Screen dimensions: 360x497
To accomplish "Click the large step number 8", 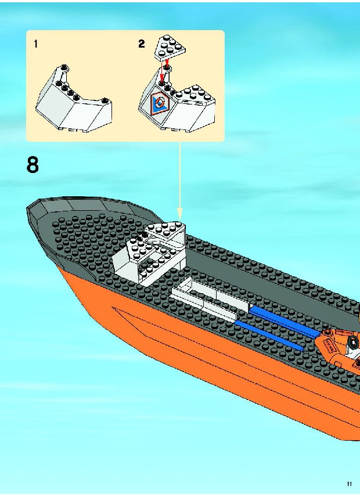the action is coord(33,165).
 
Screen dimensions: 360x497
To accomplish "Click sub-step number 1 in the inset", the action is coord(36,44).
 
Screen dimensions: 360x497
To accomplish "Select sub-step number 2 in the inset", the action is coord(141,44).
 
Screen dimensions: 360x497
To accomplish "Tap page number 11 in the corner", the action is coord(349,484).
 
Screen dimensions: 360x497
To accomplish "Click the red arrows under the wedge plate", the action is coord(164,71).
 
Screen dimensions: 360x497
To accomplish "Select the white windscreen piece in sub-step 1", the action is coord(74,99).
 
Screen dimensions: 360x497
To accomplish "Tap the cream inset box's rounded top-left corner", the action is coord(27,32).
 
